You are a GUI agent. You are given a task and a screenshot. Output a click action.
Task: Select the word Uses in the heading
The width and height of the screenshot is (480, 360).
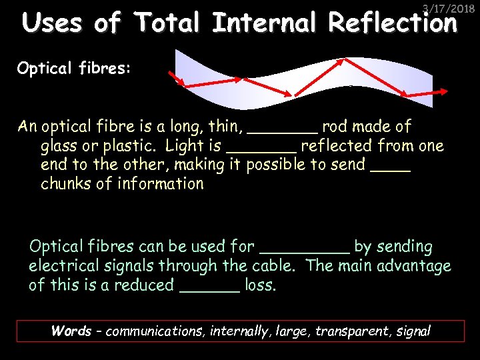(52, 23)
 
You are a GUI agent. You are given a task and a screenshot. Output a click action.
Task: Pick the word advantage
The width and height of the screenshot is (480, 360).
(414, 266)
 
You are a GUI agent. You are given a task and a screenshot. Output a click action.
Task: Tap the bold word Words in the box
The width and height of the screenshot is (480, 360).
(71, 331)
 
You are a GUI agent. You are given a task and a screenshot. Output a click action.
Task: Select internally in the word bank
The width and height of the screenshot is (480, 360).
(239, 331)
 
